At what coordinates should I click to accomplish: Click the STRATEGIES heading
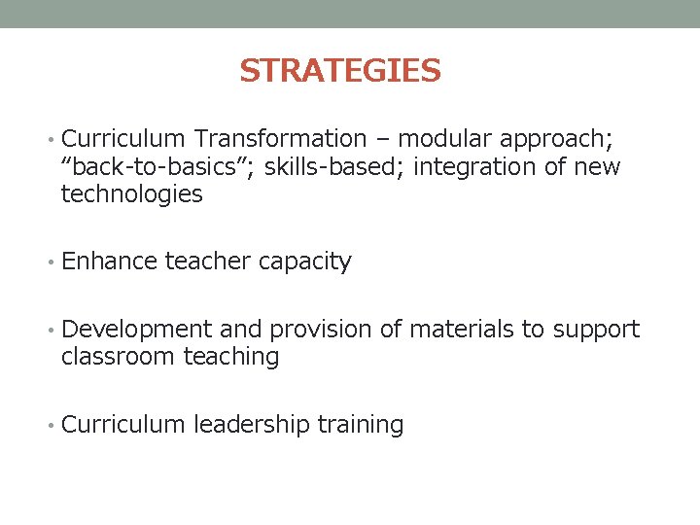click(x=340, y=71)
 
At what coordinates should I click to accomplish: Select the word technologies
click(x=131, y=194)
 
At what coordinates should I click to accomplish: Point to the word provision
click(x=320, y=331)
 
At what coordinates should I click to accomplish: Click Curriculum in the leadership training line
click(x=123, y=425)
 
